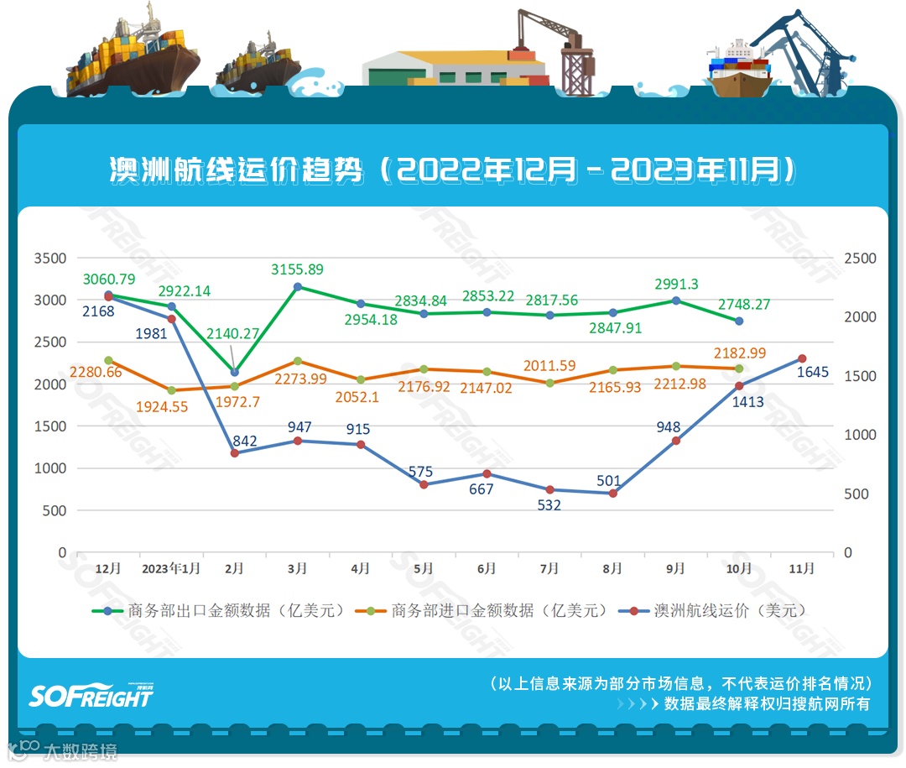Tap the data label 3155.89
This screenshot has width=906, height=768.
pos(297,269)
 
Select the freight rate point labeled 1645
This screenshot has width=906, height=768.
pos(802,358)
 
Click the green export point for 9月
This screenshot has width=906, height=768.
pos(676,300)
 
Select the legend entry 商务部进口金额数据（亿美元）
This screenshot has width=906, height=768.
pos(482,610)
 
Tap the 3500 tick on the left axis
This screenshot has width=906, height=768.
pos(49,258)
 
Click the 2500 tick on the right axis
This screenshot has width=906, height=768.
pos(860,258)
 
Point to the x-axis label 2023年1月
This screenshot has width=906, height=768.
pos(171,569)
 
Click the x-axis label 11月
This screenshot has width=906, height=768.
pos(802,569)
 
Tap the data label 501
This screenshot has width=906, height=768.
pos(609,481)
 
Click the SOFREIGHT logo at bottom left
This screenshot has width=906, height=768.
pos(91,695)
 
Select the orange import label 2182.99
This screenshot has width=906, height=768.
pos(740,353)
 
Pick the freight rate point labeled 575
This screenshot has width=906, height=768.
pos(424,484)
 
